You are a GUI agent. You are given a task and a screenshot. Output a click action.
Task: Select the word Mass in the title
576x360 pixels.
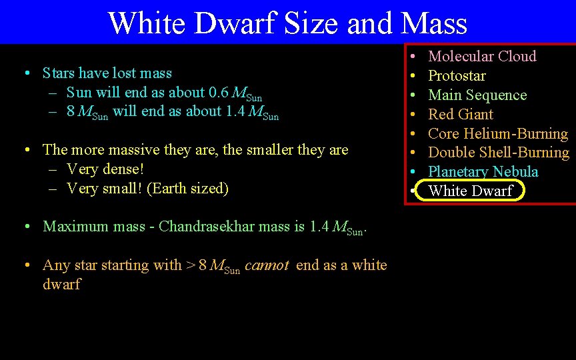pos(434,23)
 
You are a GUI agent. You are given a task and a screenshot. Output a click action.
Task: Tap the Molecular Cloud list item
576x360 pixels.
pos(481,56)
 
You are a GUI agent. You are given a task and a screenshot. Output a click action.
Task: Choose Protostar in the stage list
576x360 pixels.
pos(457,75)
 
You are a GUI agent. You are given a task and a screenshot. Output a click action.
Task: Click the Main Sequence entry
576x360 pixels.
pos(477,95)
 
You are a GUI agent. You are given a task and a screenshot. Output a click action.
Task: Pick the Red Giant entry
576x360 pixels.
pos(460,114)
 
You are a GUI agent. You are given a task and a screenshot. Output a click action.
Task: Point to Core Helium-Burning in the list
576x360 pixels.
pos(497,133)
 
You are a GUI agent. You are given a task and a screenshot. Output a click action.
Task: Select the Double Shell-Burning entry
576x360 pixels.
pos(498,153)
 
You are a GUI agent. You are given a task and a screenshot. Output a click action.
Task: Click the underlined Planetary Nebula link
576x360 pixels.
pos(483,172)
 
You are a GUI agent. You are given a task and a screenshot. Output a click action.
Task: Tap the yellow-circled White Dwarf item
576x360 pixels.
pos(470,191)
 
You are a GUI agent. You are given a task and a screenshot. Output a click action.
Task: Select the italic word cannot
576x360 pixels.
pos(267,265)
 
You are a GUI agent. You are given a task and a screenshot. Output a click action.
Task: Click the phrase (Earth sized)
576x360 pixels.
pos(187,188)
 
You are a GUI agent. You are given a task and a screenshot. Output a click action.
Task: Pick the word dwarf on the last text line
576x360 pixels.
pos(61,284)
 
